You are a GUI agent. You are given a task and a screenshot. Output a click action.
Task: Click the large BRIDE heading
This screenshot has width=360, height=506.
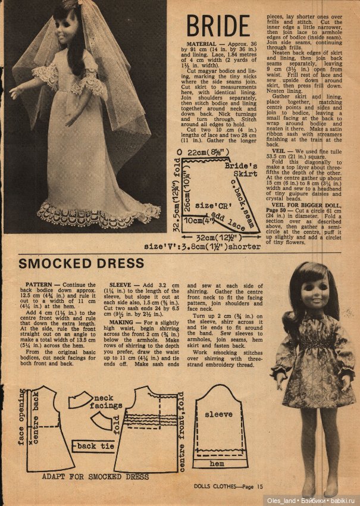218,26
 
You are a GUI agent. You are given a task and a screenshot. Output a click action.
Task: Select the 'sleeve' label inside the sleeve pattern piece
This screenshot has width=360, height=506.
218,413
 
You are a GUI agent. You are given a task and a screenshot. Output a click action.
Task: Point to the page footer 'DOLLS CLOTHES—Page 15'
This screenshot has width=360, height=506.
228,486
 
